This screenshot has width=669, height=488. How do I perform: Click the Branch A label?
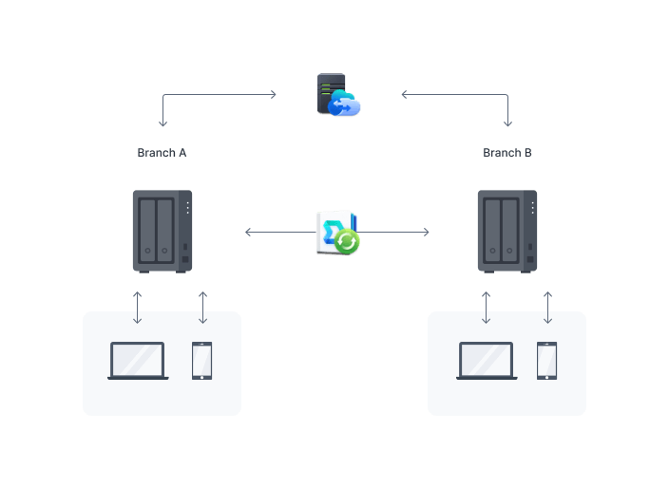click(x=162, y=153)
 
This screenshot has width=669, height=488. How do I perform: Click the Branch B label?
click(x=507, y=153)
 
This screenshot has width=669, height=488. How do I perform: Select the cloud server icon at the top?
click(x=337, y=96)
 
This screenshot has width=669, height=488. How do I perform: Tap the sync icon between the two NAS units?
click(x=337, y=233)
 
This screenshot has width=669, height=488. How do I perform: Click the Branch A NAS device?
click(x=162, y=231)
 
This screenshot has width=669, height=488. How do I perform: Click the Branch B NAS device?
click(x=507, y=231)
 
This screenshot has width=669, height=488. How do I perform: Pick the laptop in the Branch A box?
click(x=138, y=361)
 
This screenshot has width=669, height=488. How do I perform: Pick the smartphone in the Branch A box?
click(x=202, y=361)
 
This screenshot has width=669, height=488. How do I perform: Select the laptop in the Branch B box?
click(x=487, y=361)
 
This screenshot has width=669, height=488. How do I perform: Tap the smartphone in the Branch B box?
click(x=546, y=361)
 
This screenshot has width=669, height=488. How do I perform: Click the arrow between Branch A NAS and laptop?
click(x=138, y=307)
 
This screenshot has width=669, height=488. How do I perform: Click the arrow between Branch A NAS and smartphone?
click(x=202, y=307)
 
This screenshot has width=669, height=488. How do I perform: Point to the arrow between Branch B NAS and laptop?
click(x=487, y=307)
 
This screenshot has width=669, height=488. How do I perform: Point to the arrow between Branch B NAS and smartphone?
click(x=547, y=307)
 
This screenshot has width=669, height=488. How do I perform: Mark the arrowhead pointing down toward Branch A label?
click(x=162, y=123)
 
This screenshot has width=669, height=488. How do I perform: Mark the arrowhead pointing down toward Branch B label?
click(x=507, y=123)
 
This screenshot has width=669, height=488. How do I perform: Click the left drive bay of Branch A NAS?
click(x=149, y=231)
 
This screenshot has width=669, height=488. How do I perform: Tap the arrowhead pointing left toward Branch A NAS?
click(x=248, y=232)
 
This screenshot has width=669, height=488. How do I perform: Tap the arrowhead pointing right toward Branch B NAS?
click(x=426, y=232)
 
